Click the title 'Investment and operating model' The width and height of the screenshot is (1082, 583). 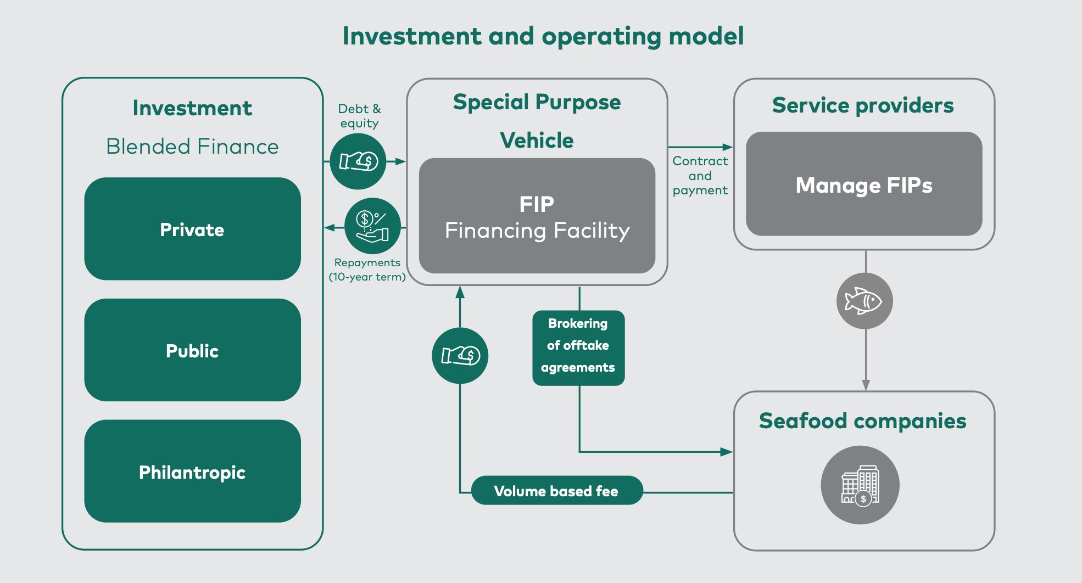(543, 36)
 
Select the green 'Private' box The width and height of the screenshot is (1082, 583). (192, 229)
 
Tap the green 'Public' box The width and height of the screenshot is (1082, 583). (192, 350)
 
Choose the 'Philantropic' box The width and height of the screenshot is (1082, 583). (192, 471)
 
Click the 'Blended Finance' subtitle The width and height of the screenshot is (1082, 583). (192, 147)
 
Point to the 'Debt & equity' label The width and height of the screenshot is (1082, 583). (360, 116)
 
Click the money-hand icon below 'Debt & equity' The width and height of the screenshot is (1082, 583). (358, 161)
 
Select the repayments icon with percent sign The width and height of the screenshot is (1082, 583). (372, 226)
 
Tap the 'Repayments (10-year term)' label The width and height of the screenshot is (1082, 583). (367, 270)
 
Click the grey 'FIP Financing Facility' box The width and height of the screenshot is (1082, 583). (537, 216)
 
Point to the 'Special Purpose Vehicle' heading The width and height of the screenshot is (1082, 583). (537, 121)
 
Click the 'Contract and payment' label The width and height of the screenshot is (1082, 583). (700, 176)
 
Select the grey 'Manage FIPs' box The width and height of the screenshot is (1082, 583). (864, 184)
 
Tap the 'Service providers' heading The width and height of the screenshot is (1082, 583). (863, 105)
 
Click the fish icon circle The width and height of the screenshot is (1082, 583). (865, 301)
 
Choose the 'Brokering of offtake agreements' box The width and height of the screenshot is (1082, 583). (578, 348)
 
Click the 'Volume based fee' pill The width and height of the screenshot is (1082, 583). (557, 490)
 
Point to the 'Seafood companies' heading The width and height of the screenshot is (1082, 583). (863, 421)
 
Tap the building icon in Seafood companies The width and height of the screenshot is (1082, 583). (860, 485)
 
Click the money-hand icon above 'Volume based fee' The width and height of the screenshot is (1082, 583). (460, 356)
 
